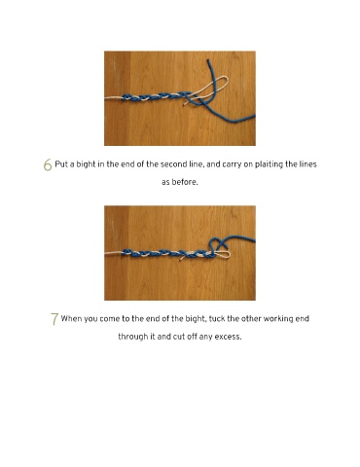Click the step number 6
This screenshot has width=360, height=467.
(x=48, y=164)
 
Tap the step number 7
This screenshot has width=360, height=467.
(x=54, y=319)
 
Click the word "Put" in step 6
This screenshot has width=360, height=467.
(x=61, y=164)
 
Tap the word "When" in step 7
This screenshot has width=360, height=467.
(x=71, y=319)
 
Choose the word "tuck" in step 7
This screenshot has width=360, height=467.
(x=217, y=319)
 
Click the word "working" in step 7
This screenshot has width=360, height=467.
(x=278, y=319)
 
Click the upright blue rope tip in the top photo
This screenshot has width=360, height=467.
(x=207, y=60)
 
